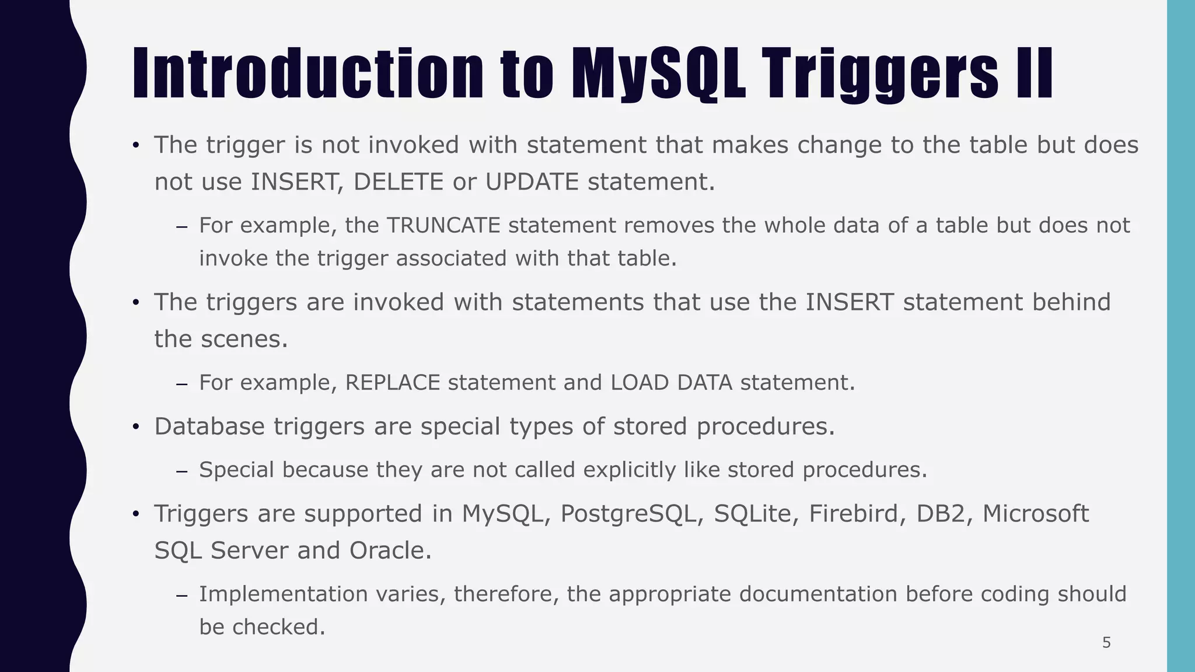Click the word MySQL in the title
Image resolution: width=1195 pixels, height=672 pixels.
[658, 74]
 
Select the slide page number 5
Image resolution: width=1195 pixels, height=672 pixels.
[1106, 643]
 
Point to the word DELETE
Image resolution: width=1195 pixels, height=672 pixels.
[399, 182]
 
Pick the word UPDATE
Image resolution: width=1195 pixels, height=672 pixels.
[532, 182]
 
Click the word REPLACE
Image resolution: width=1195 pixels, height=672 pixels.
[392, 383]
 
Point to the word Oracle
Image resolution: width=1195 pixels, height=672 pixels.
[390, 551]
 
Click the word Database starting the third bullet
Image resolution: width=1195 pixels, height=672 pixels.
[209, 426]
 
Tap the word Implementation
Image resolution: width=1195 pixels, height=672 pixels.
[283, 594]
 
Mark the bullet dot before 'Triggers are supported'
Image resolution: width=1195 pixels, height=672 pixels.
[136, 514]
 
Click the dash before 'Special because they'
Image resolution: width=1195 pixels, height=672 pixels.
[181, 471]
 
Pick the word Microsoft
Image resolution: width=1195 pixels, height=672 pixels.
[1036, 514]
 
